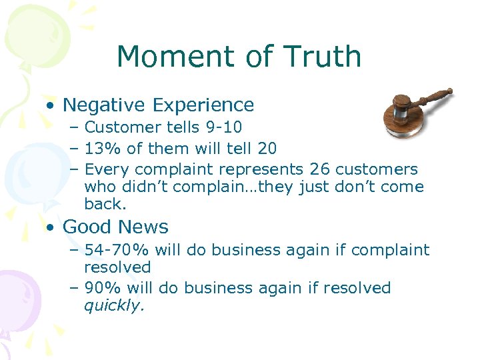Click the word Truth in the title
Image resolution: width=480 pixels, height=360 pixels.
pyautogui.click(x=323, y=57)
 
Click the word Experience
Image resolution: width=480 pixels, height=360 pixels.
pyautogui.click(x=203, y=105)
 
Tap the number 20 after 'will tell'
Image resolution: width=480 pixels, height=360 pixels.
pyautogui.click(x=266, y=148)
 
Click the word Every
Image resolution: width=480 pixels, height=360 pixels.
pyautogui.click(x=105, y=169)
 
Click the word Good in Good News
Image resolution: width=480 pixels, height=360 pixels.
pyautogui.click(x=85, y=227)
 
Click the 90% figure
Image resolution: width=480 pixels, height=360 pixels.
pyautogui.click(x=101, y=288)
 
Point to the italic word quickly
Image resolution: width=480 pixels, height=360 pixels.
pyautogui.click(x=113, y=306)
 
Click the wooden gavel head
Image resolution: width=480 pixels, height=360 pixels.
pyautogui.click(x=403, y=107)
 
